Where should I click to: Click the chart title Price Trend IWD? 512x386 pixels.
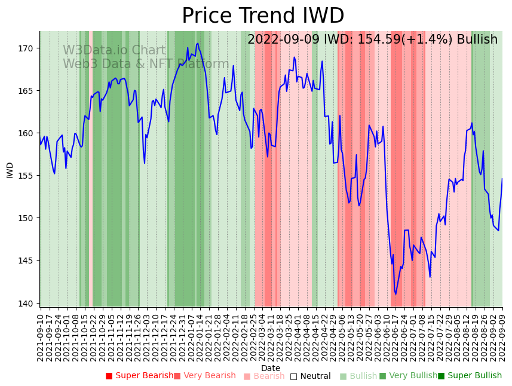pyautogui.click(x=263, y=16)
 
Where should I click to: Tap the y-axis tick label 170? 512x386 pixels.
pyautogui.click(x=28, y=48)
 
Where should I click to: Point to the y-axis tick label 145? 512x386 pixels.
pyautogui.click(x=28, y=261)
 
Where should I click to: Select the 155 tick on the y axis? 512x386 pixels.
pyautogui.click(x=28, y=176)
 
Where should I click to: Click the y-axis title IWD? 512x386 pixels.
pyautogui.click(x=10, y=170)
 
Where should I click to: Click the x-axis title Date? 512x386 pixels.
pyautogui.click(x=271, y=368)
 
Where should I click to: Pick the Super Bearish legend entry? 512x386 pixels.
pyautogui.click(x=140, y=376)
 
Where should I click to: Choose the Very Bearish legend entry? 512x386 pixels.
pyautogui.click(x=205, y=376)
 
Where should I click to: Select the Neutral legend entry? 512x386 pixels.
pyautogui.click(x=310, y=376)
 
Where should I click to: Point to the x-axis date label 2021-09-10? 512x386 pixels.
pyautogui.click(x=40, y=338)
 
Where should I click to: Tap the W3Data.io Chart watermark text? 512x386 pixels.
pyautogui.click(x=114, y=51)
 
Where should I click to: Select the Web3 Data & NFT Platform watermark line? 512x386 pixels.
pyautogui.click(x=146, y=65)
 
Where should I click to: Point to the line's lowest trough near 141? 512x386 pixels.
pyautogui.click(x=396, y=294)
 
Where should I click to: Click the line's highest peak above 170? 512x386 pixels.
pyautogui.click(x=198, y=43)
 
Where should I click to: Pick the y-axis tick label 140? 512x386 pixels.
pyautogui.click(x=28, y=303)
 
